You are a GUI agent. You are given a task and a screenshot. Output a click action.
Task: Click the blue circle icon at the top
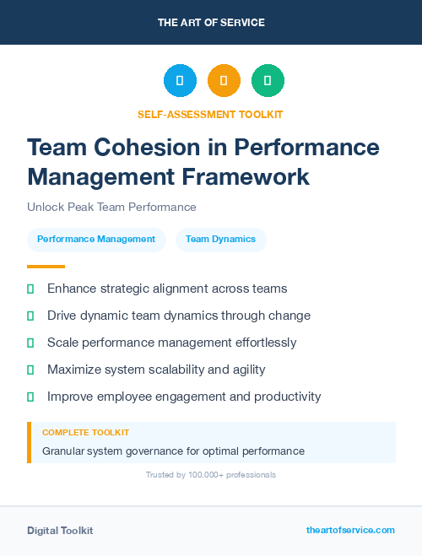pos(180,80)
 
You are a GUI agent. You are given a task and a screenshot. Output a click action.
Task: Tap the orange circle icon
pos(224,80)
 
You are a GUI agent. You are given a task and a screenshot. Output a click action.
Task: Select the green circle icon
pos(268,80)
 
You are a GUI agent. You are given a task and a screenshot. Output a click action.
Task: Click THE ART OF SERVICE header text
pos(211,23)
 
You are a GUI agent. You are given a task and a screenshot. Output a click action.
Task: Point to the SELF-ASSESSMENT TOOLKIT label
pos(210,114)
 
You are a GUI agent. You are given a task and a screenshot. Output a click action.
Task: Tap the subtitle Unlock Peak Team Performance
pos(111,207)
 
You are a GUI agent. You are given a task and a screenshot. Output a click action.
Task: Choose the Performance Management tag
pos(96,239)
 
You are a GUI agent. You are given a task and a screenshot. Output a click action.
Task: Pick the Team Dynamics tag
pos(220,239)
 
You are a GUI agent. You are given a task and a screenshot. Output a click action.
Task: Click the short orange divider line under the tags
pos(46,266)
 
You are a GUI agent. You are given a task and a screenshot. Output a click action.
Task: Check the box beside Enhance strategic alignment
pos(30,289)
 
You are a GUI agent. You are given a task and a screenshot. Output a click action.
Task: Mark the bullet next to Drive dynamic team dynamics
pos(30,316)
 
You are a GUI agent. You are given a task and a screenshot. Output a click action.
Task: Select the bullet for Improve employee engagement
pos(30,397)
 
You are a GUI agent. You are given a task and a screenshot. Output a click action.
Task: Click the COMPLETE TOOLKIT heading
pos(85,432)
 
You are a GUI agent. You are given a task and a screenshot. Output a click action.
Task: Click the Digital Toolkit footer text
pos(60,531)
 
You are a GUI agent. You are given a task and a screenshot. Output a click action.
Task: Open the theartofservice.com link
pos(350,531)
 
